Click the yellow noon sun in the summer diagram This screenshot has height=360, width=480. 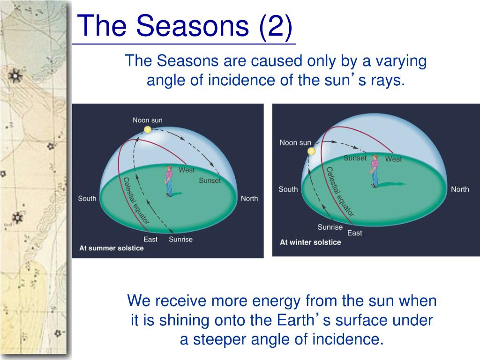click(148, 130)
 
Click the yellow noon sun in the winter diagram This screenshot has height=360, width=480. click(311, 151)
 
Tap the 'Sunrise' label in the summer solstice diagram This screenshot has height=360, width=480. click(180, 240)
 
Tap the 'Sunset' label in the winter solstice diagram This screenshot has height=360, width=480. click(355, 158)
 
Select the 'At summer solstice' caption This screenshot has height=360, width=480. click(112, 248)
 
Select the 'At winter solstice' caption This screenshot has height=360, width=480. click(310, 242)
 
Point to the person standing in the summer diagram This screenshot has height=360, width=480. click(169, 181)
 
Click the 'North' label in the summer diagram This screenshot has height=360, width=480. click(249, 199)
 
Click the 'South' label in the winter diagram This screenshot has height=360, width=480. click(288, 189)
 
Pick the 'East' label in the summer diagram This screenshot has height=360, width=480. click(150, 240)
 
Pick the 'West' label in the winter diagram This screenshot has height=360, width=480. click(393, 159)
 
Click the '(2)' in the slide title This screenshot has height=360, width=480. click(276, 26)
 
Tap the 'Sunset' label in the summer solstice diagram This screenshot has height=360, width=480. click(210, 180)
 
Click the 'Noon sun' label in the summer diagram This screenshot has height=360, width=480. click(148, 120)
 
